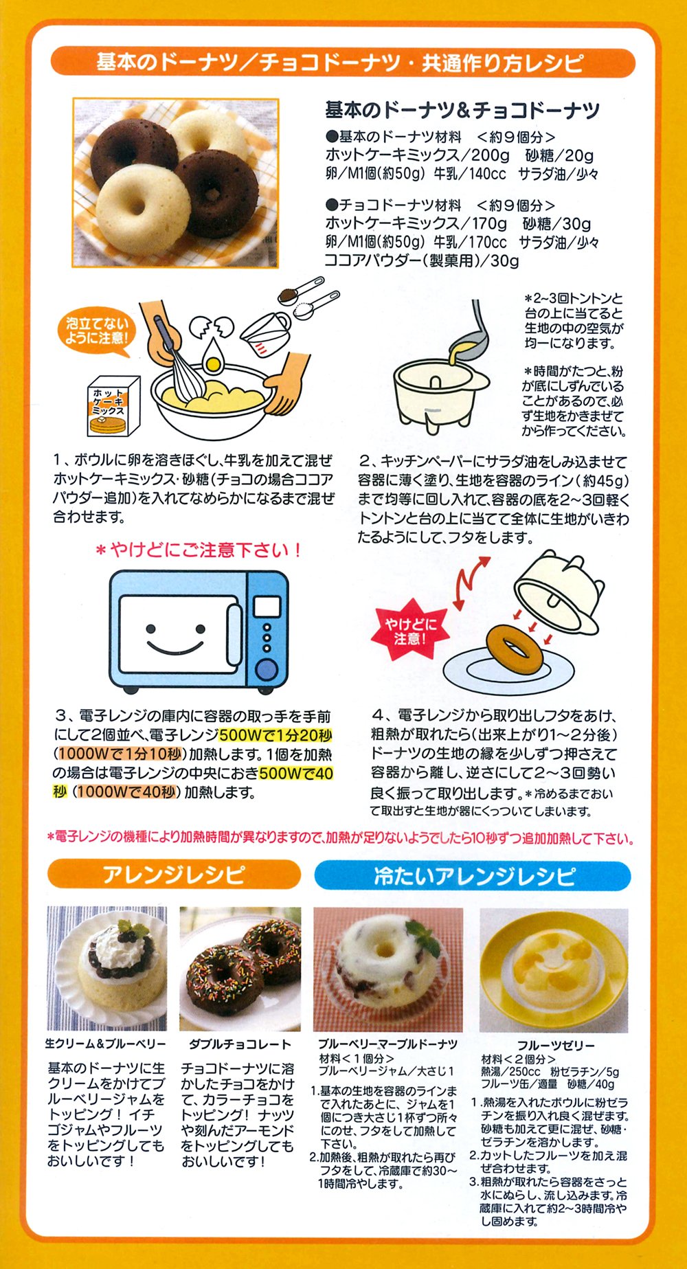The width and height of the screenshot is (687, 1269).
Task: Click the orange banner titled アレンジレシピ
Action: pos(174,875)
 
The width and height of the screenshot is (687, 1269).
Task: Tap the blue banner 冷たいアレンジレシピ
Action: pos(473,876)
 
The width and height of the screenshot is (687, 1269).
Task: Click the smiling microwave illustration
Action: pos(199,631)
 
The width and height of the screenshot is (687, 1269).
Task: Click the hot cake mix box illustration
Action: pos(113,406)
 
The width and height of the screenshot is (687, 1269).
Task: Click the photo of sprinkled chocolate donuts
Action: pos(240,969)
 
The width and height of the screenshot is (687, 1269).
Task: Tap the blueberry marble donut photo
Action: pos(388,969)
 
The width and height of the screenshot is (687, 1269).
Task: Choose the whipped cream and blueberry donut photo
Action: pos(106,969)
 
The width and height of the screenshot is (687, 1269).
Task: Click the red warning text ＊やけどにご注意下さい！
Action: pos(199,550)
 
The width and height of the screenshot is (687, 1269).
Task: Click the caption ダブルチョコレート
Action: pos(240,1044)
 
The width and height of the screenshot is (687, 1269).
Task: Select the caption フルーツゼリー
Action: pos(555,1045)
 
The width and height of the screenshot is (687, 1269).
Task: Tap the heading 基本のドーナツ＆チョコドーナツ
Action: pos(462,110)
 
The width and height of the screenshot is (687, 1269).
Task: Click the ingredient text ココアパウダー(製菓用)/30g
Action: pos(422,261)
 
